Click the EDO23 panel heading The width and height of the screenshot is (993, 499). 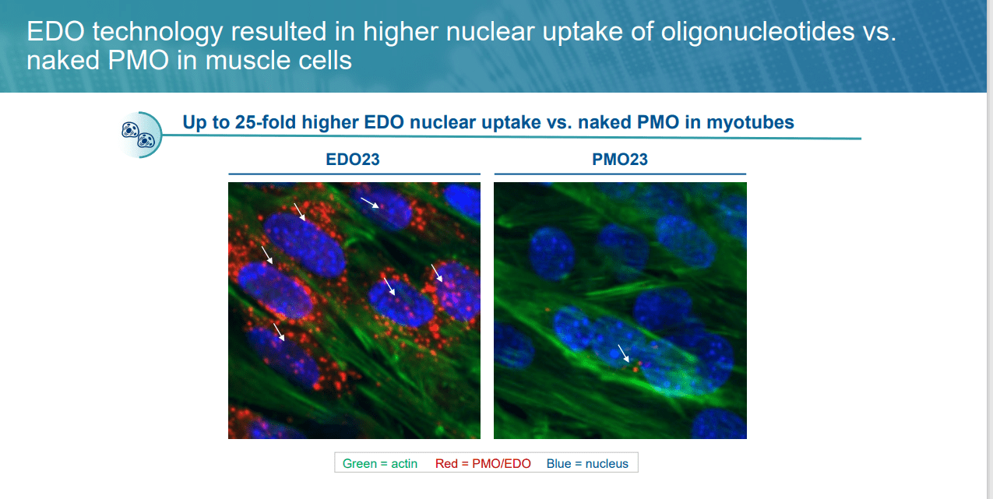[x=353, y=160]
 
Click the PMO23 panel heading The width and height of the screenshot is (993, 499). [x=619, y=160]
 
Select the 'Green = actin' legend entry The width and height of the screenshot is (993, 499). [x=380, y=463]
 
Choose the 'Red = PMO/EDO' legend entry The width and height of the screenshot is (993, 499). [x=483, y=463]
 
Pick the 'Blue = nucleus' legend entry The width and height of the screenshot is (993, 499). [x=587, y=463]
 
